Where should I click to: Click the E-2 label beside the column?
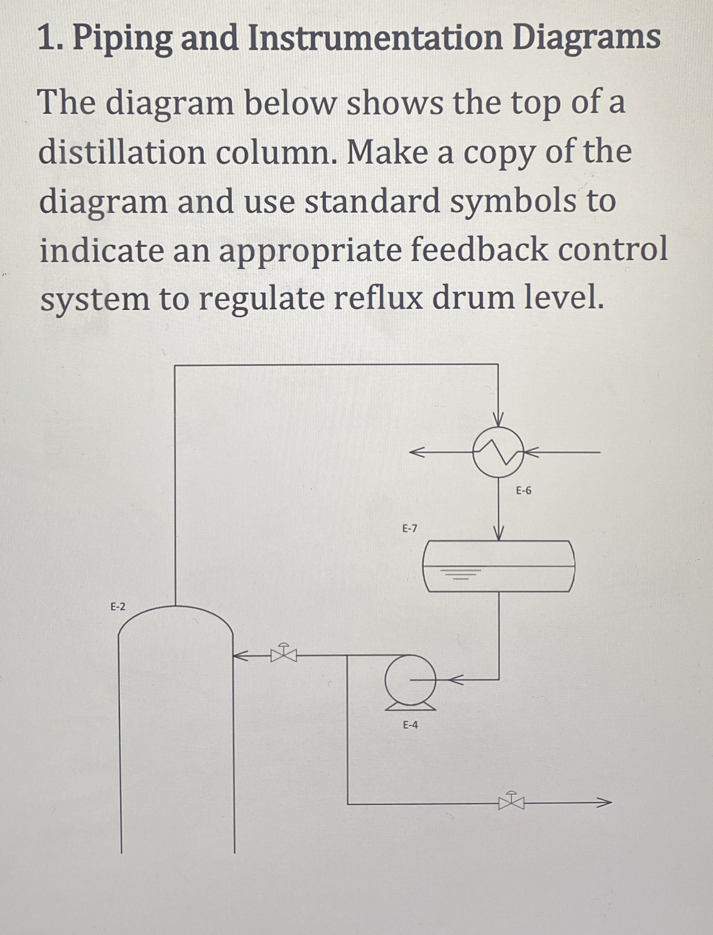[118, 607]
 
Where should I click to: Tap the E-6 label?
[524, 491]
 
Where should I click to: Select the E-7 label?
[410, 529]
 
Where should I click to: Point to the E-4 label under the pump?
[410, 725]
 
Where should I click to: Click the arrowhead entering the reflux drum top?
[498, 534]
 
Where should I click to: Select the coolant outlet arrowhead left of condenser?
[416, 453]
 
